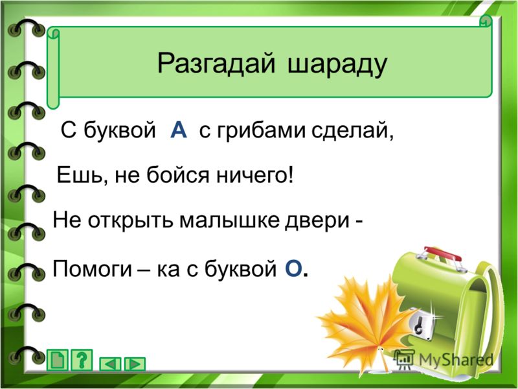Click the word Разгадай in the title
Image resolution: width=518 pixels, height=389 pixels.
(x=216, y=64)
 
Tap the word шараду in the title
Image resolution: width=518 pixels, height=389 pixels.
(x=337, y=65)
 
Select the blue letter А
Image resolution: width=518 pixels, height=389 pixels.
(x=179, y=130)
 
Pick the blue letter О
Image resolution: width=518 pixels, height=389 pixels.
(x=293, y=268)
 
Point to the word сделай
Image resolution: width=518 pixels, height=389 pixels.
(x=352, y=131)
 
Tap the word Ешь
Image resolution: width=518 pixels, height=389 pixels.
(x=82, y=175)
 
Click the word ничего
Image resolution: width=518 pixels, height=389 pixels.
(x=255, y=175)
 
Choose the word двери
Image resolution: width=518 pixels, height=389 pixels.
(x=317, y=220)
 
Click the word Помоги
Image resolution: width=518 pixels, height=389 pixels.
(x=93, y=268)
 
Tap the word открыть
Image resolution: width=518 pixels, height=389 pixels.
(x=130, y=221)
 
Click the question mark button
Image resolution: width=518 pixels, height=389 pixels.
(x=82, y=360)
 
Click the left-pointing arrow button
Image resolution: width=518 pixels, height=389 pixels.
(x=110, y=364)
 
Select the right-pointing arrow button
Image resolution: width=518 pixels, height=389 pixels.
(x=135, y=364)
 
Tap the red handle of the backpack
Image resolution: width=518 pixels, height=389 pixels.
(x=443, y=253)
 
